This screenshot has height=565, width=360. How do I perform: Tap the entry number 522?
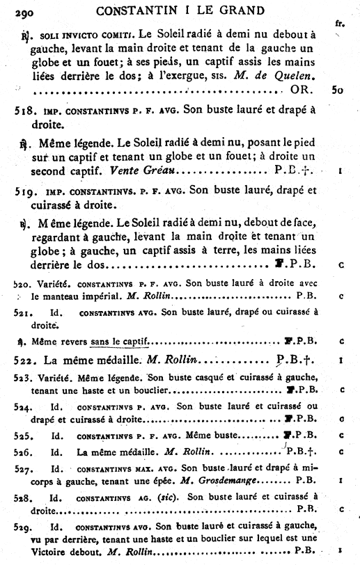(26, 360)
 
